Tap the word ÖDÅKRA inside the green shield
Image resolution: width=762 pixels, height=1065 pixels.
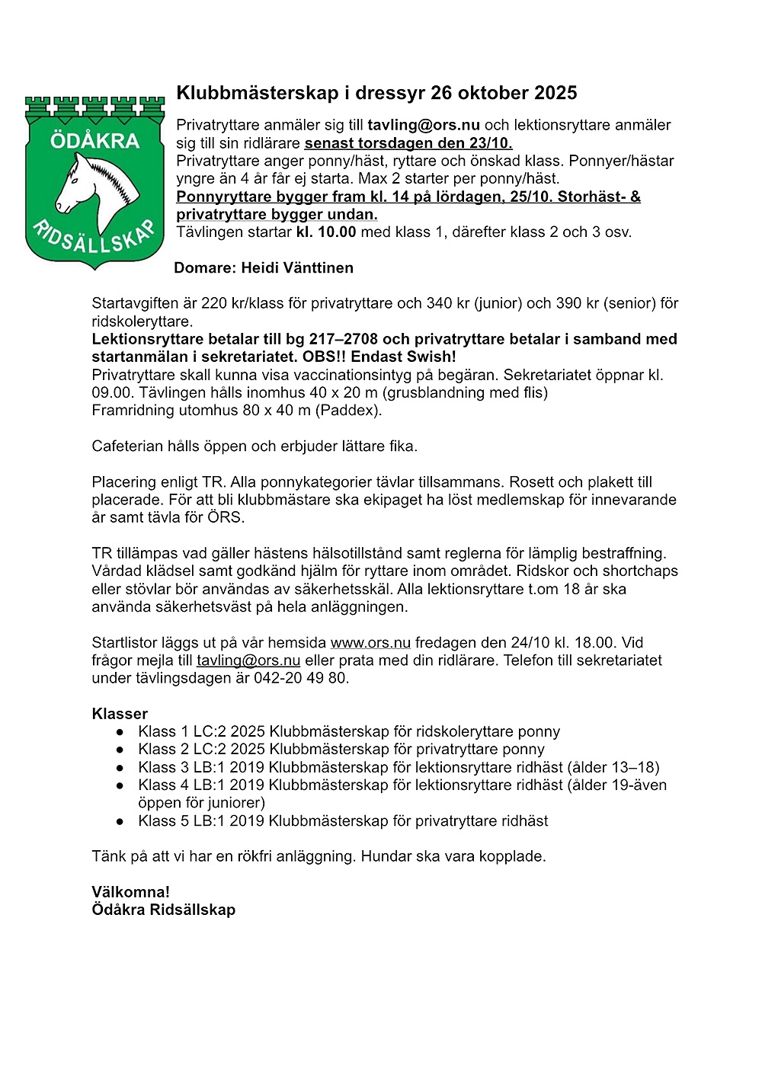click(x=95, y=141)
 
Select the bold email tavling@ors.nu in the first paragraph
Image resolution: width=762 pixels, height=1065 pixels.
click(x=424, y=125)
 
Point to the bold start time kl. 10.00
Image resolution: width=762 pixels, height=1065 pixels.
click(x=326, y=232)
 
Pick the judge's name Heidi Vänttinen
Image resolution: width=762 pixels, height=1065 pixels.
click(x=297, y=268)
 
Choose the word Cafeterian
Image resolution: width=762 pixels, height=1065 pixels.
click(x=127, y=446)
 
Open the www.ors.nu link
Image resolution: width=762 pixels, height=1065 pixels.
click(x=370, y=643)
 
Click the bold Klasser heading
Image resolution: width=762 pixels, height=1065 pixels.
click(x=120, y=714)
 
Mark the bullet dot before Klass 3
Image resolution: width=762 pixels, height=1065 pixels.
click(x=120, y=768)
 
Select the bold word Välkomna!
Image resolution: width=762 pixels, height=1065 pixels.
click(x=130, y=892)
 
